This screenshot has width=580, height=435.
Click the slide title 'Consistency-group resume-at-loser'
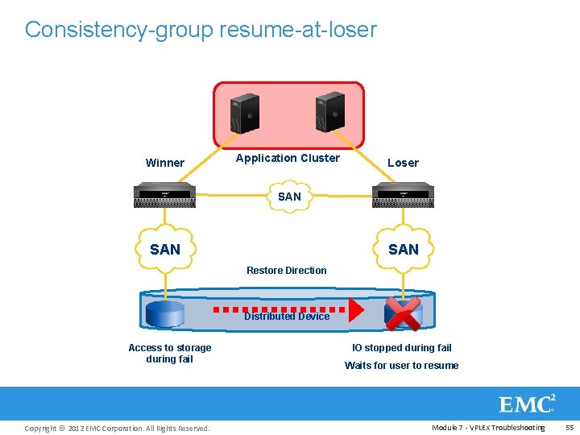click(201, 30)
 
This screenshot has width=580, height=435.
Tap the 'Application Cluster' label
click(288, 158)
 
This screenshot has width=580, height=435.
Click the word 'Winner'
click(164, 163)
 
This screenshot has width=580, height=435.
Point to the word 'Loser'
click(403, 163)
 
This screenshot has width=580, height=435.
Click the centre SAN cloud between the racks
click(288, 197)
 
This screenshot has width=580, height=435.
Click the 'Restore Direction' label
click(287, 271)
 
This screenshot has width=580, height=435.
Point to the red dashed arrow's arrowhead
click(355, 308)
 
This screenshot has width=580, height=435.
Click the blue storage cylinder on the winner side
click(166, 312)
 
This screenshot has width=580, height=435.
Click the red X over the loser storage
click(403, 313)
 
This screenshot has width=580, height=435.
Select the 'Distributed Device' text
click(287, 317)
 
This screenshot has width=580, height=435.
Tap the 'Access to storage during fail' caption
click(170, 354)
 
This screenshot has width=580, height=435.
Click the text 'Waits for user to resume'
click(401, 366)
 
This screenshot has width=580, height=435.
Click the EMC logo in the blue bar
click(527, 404)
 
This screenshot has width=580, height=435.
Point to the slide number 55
click(570, 428)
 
